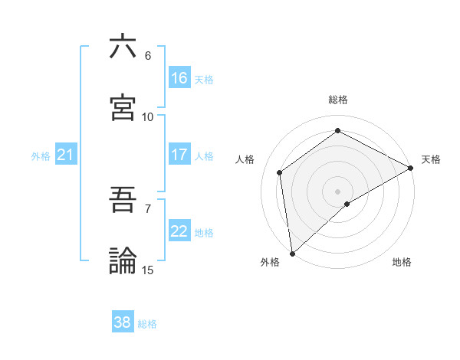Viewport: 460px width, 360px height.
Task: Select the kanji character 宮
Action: click(123, 108)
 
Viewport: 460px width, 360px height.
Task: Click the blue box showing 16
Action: click(179, 78)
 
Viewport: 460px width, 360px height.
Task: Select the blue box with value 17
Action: click(179, 155)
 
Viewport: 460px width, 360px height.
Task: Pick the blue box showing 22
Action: click(179, 231)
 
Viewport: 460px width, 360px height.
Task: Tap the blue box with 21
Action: click(66, 155)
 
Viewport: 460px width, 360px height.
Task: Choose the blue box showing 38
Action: click(123, 322)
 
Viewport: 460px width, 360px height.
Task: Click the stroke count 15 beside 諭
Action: click(147, 270)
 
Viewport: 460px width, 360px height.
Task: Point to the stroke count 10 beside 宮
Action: click(147, 116)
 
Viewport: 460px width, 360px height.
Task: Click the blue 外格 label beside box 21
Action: click(41, 156)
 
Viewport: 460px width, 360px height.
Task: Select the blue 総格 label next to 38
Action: click(147, 324)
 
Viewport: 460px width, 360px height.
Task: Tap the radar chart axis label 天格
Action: click(431, 159)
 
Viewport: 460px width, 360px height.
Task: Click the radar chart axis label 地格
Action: click(402, 262)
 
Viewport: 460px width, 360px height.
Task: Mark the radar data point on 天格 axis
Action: click(410, 168)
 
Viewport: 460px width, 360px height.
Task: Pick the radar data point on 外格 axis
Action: click(292, 253)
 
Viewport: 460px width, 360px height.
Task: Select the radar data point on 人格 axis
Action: click(280, 172)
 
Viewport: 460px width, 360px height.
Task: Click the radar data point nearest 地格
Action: click(347, 204)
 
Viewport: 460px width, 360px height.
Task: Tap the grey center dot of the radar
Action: click(337, 191)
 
